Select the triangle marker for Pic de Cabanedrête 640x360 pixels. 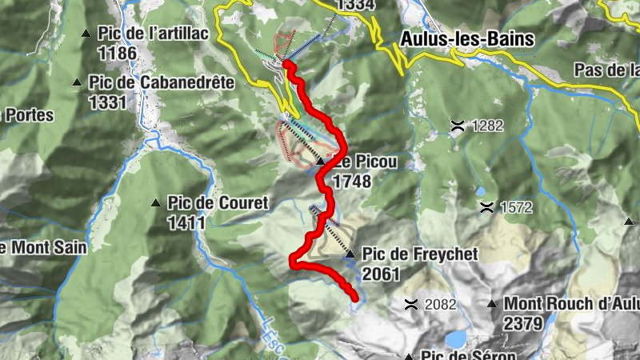tap(78, 82)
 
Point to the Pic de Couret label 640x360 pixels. tap(218, 203)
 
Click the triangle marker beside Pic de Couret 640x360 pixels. tap(156, 203)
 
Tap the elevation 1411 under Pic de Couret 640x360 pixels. tap(186, 222)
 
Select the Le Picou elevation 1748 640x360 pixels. tap(352, 182)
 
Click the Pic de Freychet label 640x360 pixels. tap(419, 254)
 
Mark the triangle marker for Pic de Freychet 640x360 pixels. tap(350, 254)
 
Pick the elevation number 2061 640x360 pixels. tap(382, 274)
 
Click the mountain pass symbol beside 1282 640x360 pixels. tap(458, 125)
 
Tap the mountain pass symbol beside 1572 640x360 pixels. tap(486, 207)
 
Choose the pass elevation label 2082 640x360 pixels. tap(440, 304)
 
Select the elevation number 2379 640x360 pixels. tap(523, 323)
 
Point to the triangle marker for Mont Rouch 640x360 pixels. tap(493, 304)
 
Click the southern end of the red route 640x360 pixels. tap(354, 298)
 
